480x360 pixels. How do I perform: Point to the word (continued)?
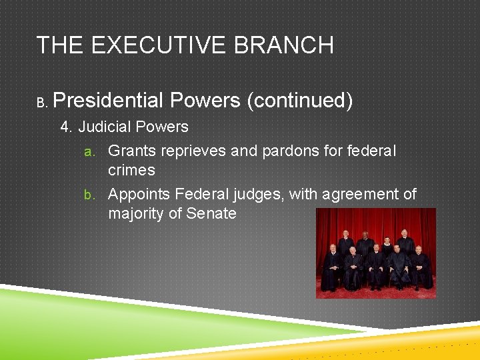(299, 101)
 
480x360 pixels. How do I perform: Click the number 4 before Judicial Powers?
(65, 127)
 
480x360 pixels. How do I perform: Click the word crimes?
(131, 170)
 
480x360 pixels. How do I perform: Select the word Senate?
(212, 213)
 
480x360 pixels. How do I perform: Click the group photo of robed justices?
(375, 253)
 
